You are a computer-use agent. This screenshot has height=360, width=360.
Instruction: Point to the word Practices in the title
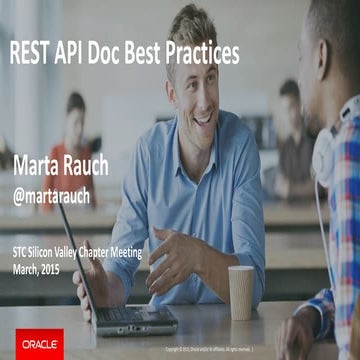tap(203, 54)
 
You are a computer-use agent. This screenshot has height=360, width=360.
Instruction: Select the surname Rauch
tap(94, 162)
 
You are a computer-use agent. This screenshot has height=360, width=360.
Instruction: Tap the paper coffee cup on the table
tap(241, 292)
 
